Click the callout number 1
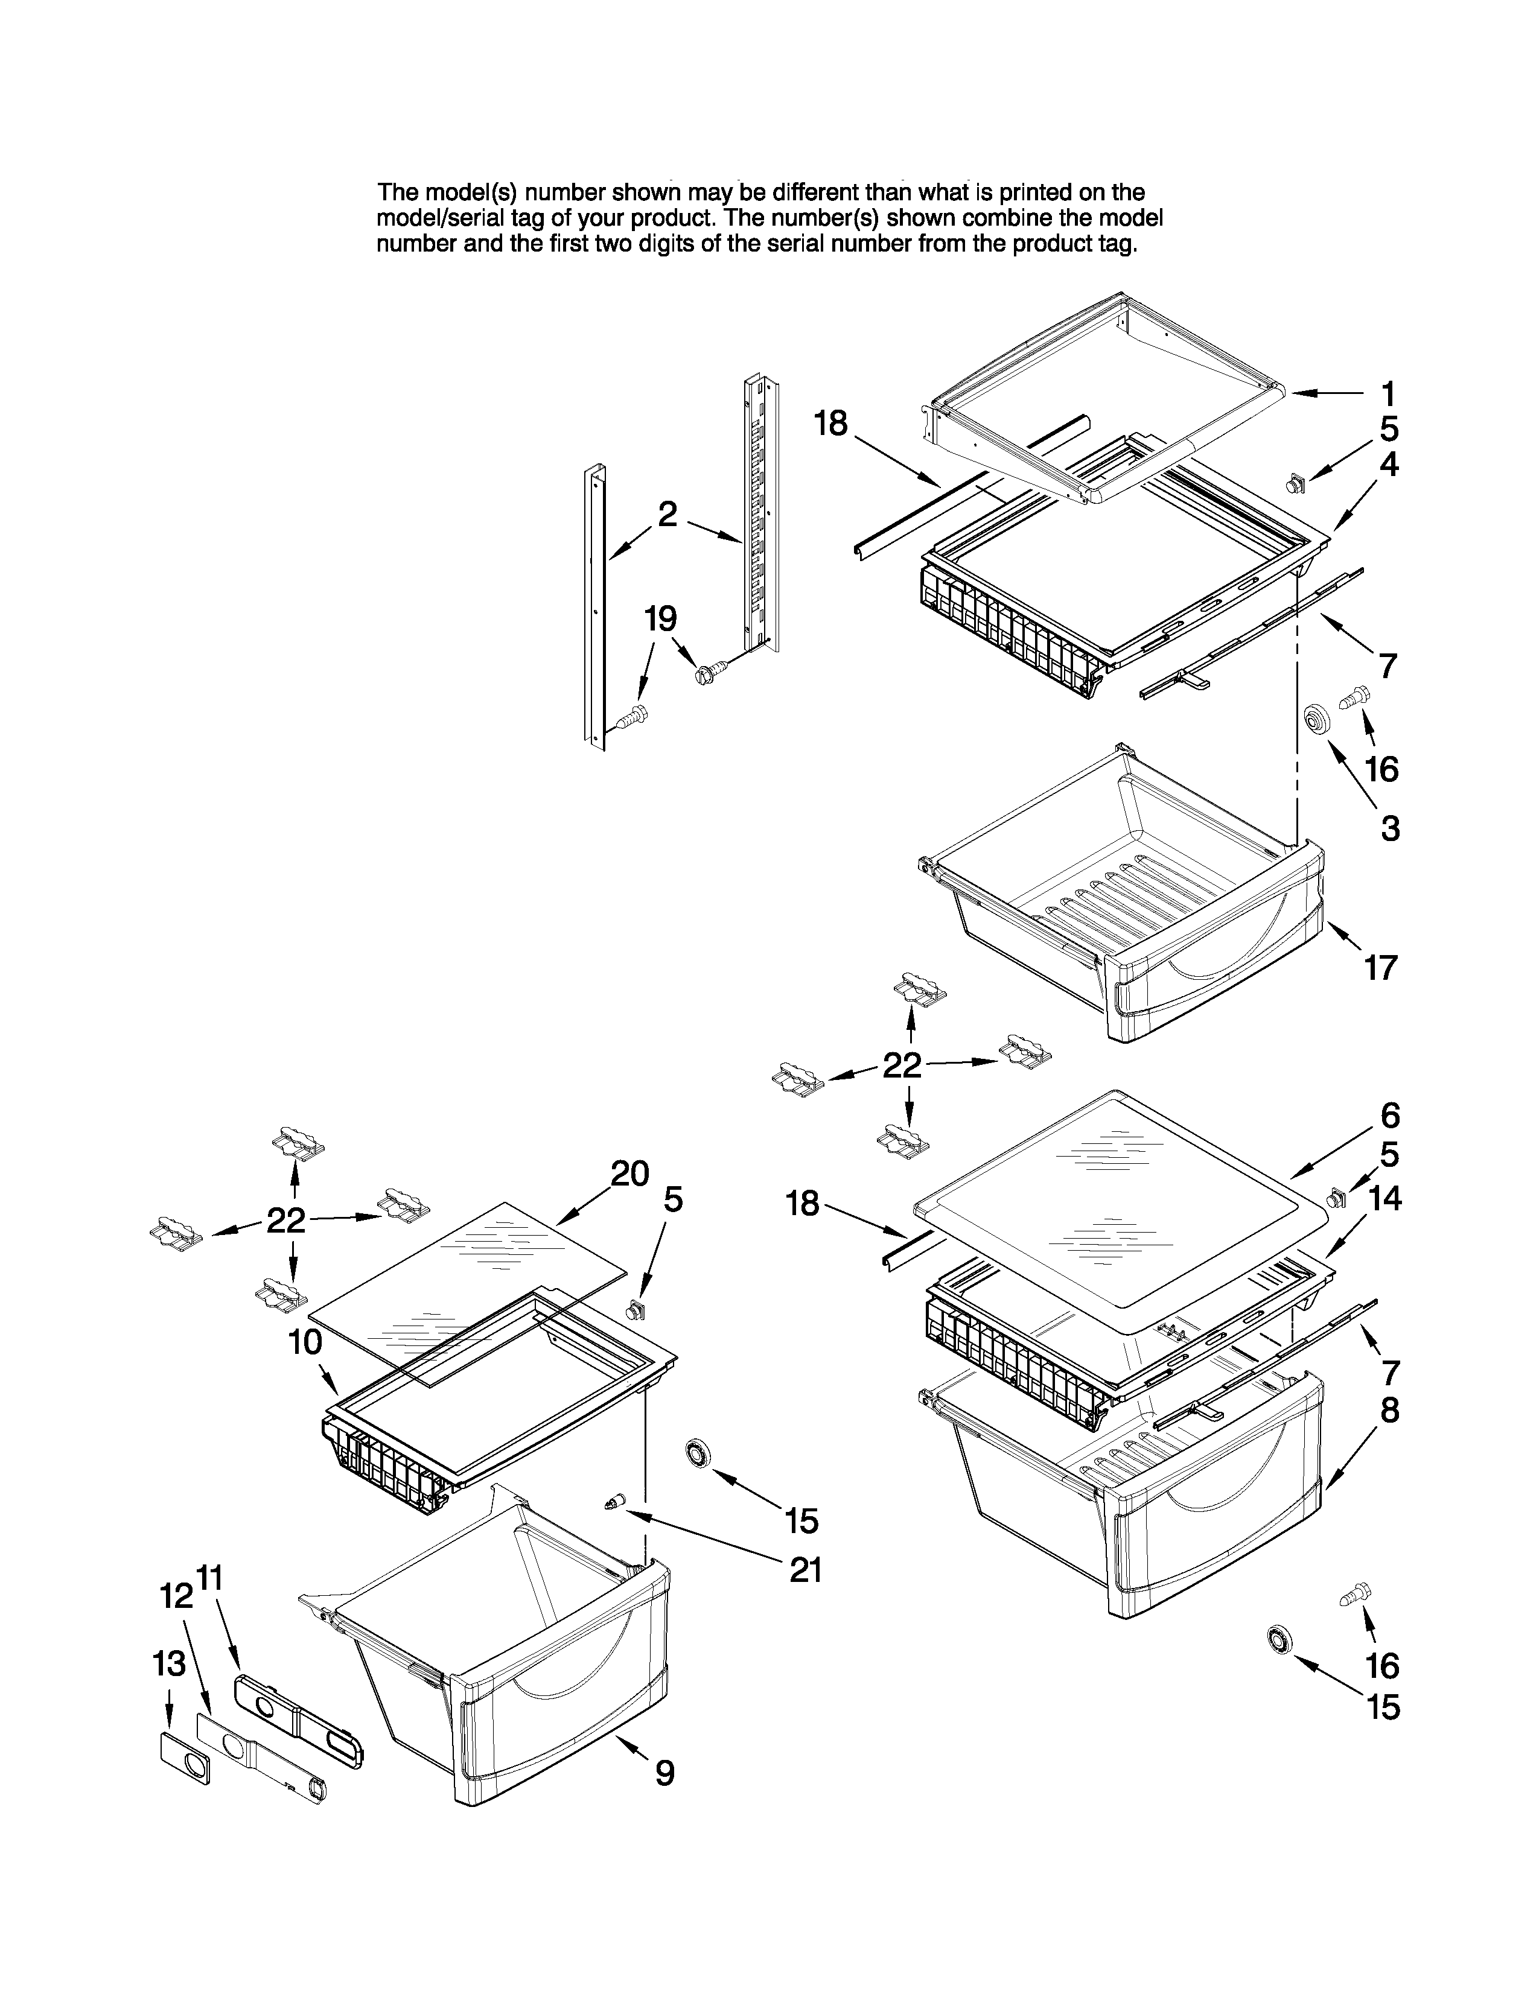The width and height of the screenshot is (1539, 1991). [x=1388, y=395]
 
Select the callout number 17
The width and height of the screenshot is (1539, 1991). [x=1380, y=967]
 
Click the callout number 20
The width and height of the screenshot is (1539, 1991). [x=629, y=1173]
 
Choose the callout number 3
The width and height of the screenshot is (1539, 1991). [x=1389, y=828]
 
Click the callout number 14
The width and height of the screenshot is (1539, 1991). [x=1384, y=1198]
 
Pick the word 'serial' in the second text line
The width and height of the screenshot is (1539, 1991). [x=498, y=219]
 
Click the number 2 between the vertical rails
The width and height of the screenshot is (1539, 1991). [x=668, y=514]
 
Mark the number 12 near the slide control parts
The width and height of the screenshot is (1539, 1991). [x=176, y=1595]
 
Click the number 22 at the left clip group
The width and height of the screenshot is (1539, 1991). [x=285, y=1220]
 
